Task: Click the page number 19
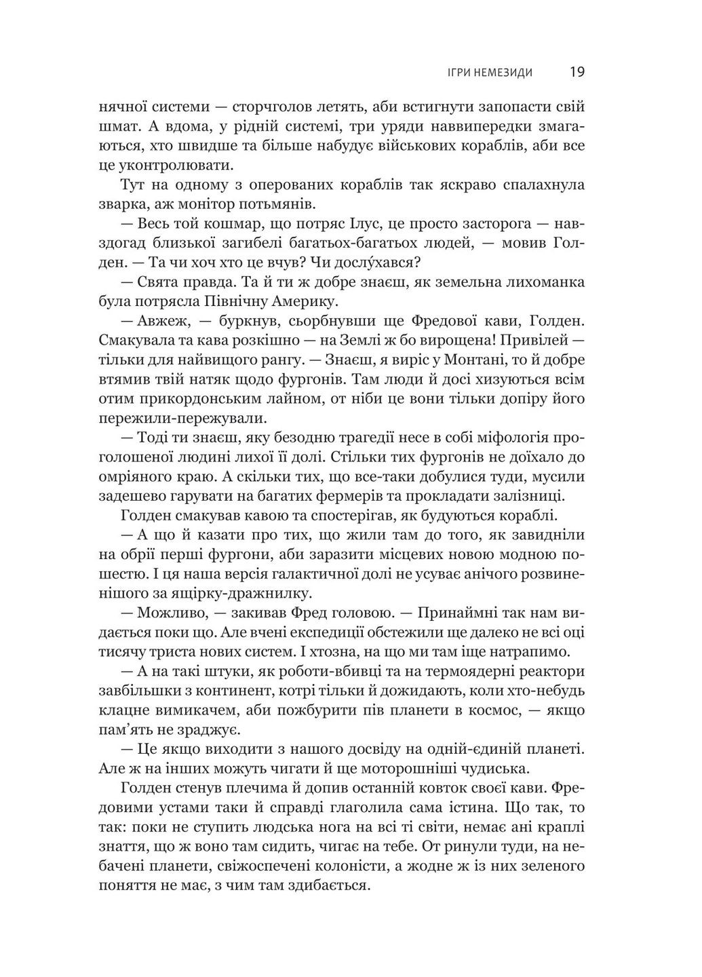(577, 71)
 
